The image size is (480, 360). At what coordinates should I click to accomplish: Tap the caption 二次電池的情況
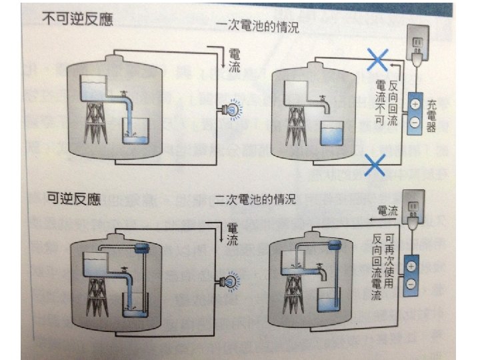tap(255, 198)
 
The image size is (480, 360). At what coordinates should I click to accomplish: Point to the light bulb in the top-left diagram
tap(232, 109)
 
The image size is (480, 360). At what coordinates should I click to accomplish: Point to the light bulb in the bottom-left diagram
tap(232, 281)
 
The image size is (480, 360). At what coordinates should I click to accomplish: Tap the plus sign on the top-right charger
tap(414, 105)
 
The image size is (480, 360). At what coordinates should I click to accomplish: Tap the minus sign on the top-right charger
tap(414, 123)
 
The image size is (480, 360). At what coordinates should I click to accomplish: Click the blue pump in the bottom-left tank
tap(141, 249)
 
